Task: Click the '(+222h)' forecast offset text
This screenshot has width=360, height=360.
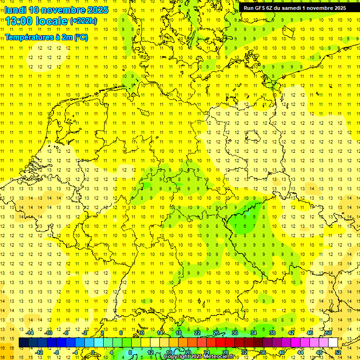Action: (x=83, y=21)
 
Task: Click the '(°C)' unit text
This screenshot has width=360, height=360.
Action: (x=81, y=37)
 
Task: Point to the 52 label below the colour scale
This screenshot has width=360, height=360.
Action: (x=338, y=352)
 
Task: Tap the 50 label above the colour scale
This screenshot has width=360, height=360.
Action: (x=329, y=333)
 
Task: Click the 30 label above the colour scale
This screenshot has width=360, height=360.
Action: (x=234, y=333)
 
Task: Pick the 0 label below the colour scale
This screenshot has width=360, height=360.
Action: (x=93, y=352)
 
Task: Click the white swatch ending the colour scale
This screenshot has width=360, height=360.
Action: (x=333, y=343)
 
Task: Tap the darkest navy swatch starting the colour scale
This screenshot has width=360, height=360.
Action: (x=23, y=343)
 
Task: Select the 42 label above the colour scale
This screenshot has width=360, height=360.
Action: (x=291, y=333)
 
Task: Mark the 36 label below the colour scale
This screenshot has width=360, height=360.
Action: (x=262, y=352)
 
